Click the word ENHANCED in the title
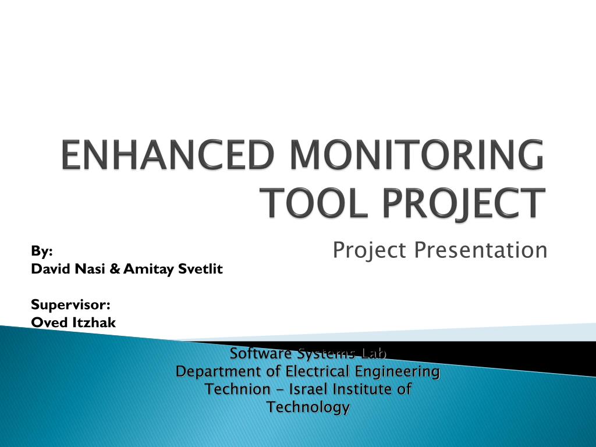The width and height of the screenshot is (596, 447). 168,154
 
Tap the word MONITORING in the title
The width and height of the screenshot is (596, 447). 417,154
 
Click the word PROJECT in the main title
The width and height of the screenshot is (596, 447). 464,203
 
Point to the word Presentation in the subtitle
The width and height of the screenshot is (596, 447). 480,250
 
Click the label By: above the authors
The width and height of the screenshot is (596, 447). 42,251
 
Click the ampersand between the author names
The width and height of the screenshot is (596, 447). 115,269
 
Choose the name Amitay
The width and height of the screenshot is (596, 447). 148,269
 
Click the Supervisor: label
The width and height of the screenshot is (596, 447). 70,305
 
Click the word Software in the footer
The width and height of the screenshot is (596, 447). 261,353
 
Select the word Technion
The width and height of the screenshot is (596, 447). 237,389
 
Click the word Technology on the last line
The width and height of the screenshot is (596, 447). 308,407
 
